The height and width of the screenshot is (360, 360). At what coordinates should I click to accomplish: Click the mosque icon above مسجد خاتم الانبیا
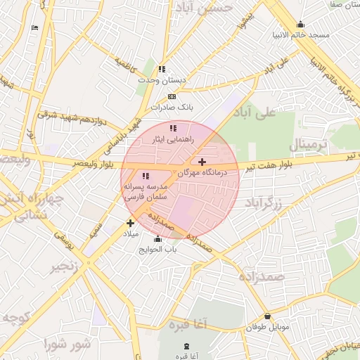point(301,24)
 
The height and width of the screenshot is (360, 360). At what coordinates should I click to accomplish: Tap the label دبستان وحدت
point(162,80)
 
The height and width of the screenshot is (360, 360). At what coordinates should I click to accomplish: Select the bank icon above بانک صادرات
point(172,96)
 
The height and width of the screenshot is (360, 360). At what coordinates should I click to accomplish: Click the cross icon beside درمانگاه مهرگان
point(202,162)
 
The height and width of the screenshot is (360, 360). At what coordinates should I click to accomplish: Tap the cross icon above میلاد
point(130,222)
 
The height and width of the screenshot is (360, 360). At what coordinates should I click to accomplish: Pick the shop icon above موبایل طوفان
point(267,317)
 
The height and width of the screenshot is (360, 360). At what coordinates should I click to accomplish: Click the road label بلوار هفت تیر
point(278,167)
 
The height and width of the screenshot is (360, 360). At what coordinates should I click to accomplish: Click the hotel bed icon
point(35,28)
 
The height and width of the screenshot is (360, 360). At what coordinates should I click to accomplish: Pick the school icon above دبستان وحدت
point(162,69)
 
